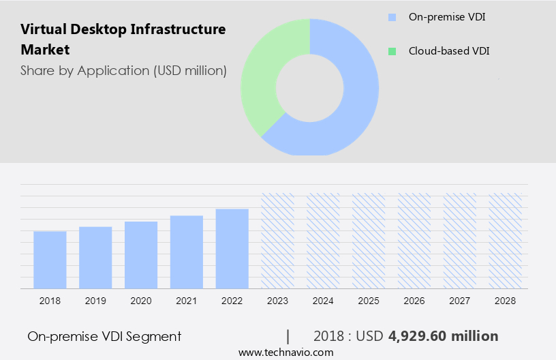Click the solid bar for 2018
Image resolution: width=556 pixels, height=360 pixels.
[x=50, y=260]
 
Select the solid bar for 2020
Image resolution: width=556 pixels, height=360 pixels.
[x=141, y=255]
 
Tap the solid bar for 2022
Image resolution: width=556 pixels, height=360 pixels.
[x=232, y=249]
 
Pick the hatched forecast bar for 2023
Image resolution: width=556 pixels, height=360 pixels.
[x=278, y=241]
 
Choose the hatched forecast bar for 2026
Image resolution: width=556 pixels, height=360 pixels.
[x=414, y=241]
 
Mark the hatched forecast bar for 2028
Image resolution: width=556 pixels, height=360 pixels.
[x=506, y=241]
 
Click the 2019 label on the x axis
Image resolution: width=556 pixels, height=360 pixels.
[x=95, y=301]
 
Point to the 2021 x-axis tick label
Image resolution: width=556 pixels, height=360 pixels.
[x=187, y=301]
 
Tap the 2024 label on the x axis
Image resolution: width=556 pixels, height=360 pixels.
[x=323, y=301]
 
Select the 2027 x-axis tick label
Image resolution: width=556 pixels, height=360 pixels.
[x=460, y=301]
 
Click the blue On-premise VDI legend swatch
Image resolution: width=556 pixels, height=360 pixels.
[x=391, y=17]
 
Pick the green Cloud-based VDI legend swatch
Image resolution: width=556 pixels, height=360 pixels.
[x=391, y=51]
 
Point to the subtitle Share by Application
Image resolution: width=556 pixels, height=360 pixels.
[x=123, y=70]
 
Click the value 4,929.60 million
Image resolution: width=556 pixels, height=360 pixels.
[x=443, y=336]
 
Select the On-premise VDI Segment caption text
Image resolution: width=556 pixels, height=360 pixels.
[x=104, y=336]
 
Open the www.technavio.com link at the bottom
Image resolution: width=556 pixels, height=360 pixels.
[x=285, y=352]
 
